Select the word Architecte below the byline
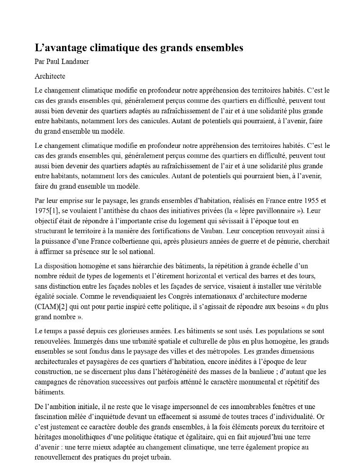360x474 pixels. pos(50,76)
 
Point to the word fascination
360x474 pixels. pos(51,417)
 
